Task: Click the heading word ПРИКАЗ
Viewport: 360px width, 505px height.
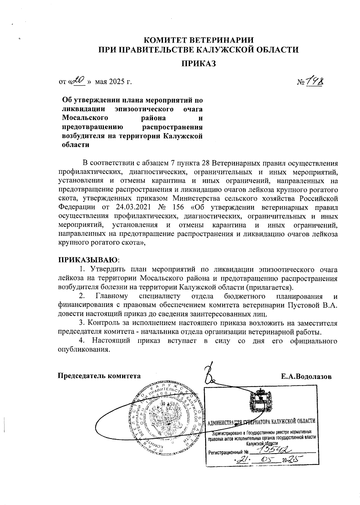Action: coord(198,64)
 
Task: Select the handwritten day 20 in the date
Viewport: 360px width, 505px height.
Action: coord(80,80)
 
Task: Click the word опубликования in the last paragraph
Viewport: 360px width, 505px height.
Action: coord(82,350)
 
